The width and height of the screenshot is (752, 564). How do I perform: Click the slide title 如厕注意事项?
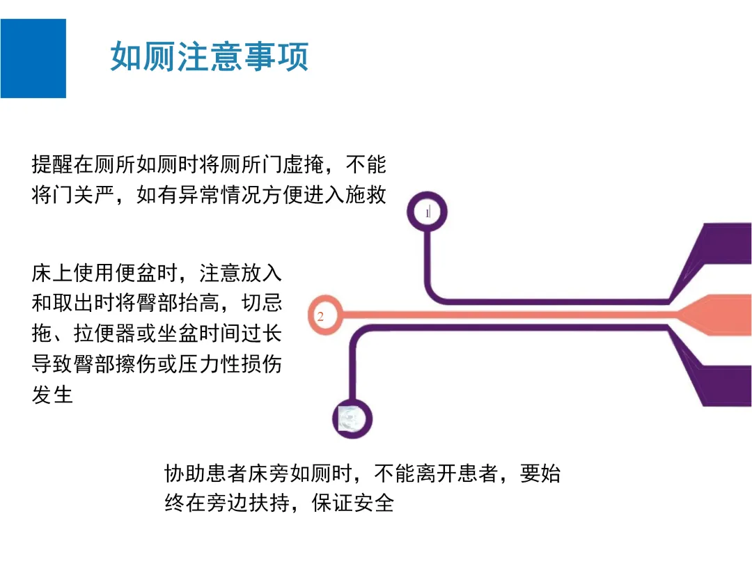(209, 57)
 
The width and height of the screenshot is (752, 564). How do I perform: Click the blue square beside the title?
(33, 58)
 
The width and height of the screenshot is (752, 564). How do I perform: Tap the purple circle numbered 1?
(427, 212)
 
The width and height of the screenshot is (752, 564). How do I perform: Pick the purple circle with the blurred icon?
(352, 418)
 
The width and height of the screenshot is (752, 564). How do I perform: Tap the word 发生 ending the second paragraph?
(52, 395)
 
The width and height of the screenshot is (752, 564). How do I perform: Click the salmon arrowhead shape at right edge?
(717, 315)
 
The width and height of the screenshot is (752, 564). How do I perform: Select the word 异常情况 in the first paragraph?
(230, 196)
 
